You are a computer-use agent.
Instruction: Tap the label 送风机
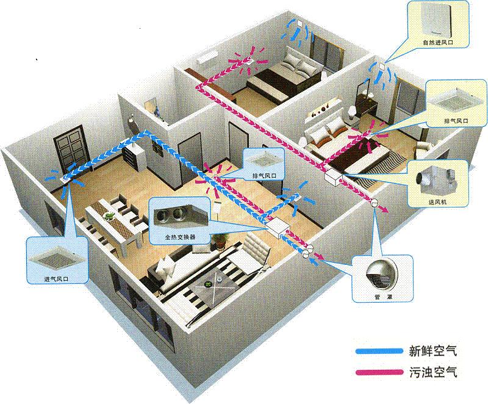tap(436, 201)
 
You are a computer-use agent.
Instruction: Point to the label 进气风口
tap(54, 278)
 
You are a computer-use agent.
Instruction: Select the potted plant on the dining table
tap(110, 215)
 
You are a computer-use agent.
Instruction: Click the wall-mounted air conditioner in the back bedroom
tap(210, 59)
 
